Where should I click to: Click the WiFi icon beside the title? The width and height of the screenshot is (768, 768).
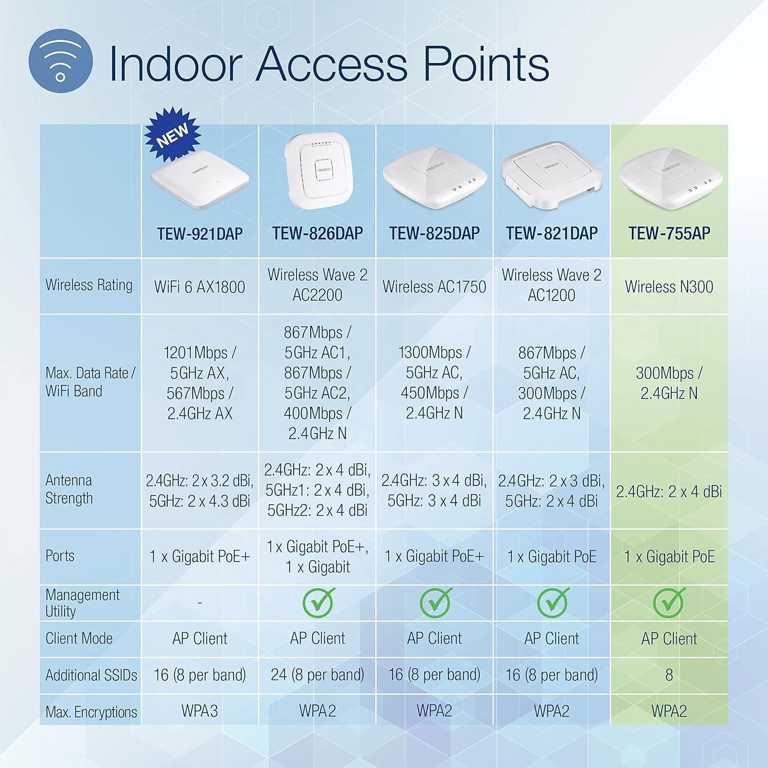tap(60, 65)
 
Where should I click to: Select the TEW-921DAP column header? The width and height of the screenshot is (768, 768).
tap(200, 233)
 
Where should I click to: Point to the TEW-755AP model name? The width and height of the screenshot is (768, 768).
tap(669, 233)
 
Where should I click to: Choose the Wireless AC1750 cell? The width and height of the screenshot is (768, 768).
tap(434, 287)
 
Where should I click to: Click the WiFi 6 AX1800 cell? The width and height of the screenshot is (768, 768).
tap(200, 287)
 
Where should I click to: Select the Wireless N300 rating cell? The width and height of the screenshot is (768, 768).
tap(669, 287)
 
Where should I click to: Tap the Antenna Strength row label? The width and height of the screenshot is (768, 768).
tap(69, 489)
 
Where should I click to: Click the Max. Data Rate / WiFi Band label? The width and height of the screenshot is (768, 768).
tap(90, 382)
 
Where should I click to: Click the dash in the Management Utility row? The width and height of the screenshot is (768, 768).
tap(200, 603)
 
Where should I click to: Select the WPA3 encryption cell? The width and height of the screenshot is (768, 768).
tap(200, 711)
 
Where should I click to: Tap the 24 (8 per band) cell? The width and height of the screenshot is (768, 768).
tap(317, 675)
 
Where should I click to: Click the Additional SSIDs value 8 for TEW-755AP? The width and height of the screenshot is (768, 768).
tap(669, 675)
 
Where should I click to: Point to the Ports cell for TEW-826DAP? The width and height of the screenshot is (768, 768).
tap(317, 557)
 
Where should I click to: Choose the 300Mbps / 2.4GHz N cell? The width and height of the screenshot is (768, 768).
tap(669, 383)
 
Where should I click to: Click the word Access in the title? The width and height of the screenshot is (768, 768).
tap(332, 65)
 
